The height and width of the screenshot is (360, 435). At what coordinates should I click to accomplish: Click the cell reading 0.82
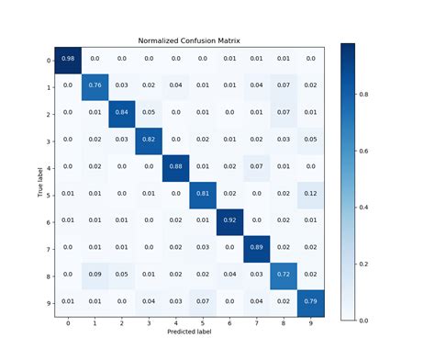149,141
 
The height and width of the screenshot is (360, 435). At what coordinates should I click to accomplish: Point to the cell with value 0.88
175,168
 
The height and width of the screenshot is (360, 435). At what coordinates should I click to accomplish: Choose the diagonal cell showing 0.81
202,195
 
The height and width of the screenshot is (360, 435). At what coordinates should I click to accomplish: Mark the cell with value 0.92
229,222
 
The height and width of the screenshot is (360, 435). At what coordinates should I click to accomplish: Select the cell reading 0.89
256,249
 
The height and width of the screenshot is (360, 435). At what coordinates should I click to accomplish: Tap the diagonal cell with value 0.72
283,276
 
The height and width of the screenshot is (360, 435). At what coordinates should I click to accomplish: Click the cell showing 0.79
309,302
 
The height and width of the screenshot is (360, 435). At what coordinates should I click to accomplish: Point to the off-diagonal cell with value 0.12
309,195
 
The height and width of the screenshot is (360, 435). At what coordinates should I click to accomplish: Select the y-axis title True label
39,181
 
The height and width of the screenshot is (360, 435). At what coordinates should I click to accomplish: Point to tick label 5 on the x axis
202,323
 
